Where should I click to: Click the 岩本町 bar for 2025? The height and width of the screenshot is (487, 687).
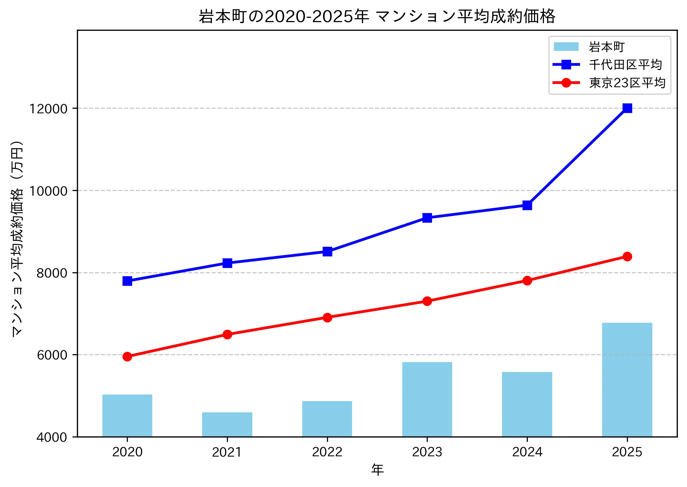click(x=627, y=380)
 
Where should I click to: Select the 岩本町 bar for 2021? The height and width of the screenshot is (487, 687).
click(x=227, y=425)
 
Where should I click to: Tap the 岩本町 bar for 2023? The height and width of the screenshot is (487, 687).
click(x=427, y=399)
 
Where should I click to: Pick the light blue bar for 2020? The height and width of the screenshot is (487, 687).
click(x=127, y=416)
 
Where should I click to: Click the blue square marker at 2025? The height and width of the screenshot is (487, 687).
click(x=627, y=108)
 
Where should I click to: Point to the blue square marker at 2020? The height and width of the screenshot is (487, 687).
click(x=127, y=281)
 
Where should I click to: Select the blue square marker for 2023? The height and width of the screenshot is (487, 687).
click(x=427, y=218)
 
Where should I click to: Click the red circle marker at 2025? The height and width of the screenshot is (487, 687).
click(x=627, y=256)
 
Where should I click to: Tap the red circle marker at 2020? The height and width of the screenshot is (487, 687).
click(x=127, y=356)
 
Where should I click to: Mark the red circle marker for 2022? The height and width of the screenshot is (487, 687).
click(x=327, y=318)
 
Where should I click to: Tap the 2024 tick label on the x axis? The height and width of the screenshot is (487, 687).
click(x=527, y=452)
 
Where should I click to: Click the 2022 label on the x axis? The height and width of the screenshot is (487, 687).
click(x=327, y=452)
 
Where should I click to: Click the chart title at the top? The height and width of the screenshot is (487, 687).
click(x=377, y=17)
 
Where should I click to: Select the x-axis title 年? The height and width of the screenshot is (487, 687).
click(x=377, y=469)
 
